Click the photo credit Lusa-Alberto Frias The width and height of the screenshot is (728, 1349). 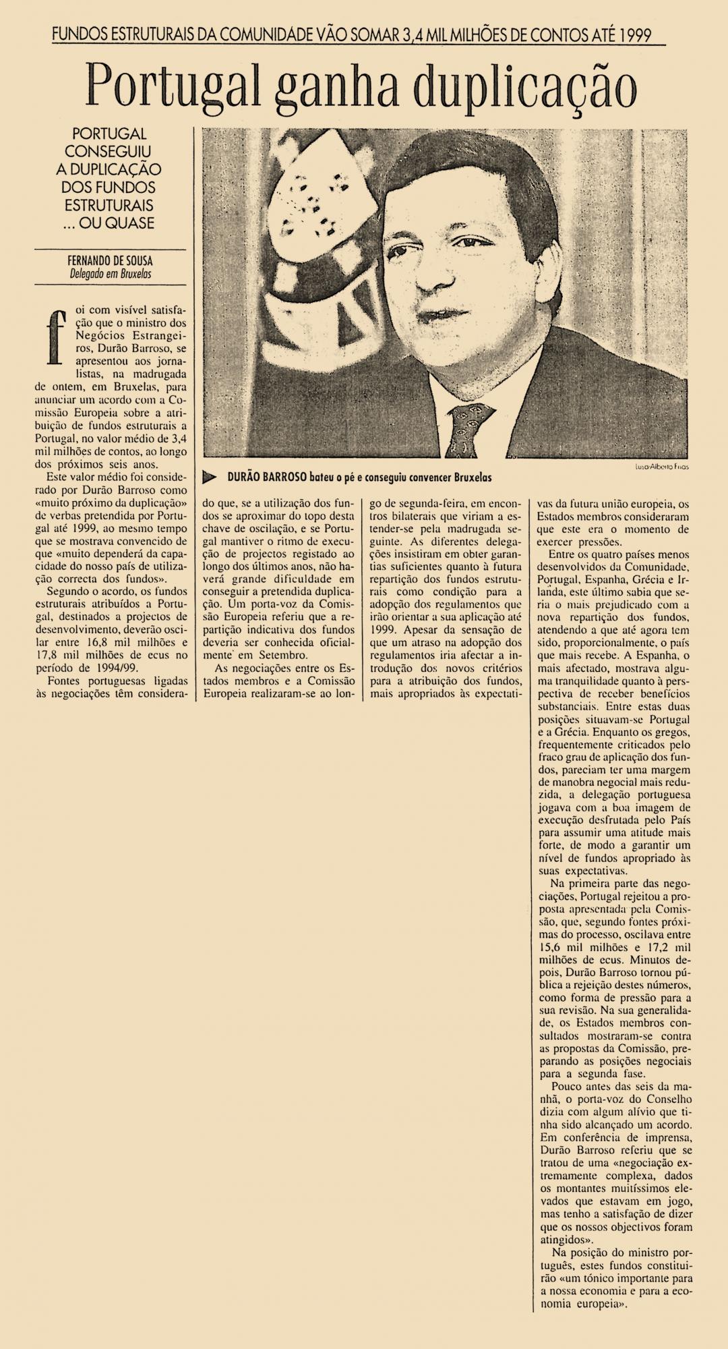tap(663, 467)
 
